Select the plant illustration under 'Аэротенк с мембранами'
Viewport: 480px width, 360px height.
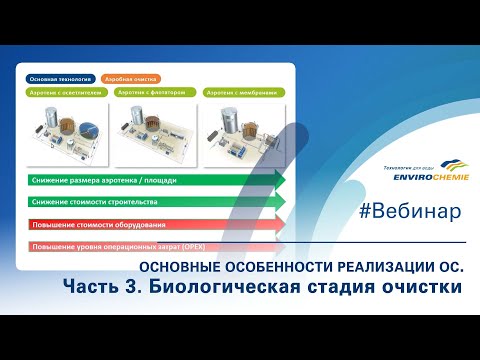243,128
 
